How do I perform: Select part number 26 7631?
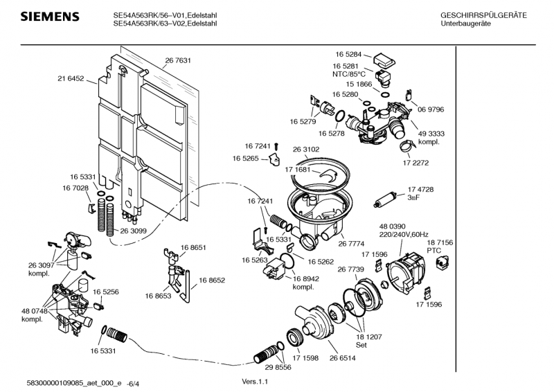178,60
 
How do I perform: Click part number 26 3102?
306,149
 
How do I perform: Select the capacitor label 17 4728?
420,189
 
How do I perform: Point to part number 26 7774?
351,243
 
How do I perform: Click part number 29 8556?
277,367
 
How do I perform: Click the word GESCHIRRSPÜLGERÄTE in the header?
483,15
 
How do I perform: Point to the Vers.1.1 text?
254,382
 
